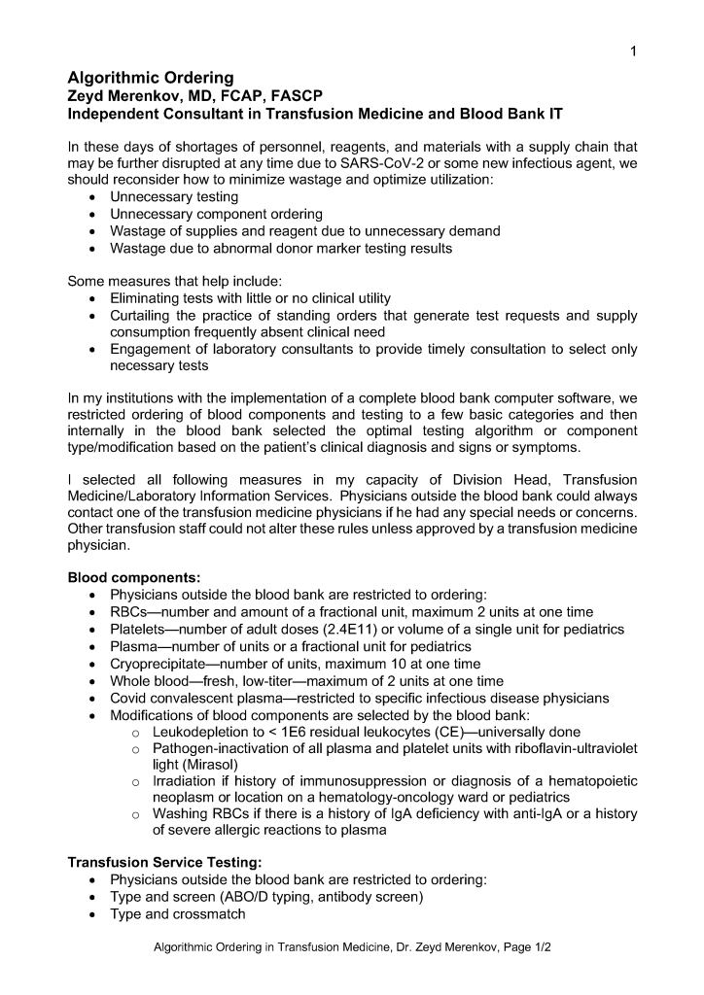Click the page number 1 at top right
(633, 51)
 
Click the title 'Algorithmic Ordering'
(150, 78)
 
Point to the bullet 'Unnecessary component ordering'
(216, 214)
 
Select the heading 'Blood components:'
(133, 577)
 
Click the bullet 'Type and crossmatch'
(177, 914)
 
